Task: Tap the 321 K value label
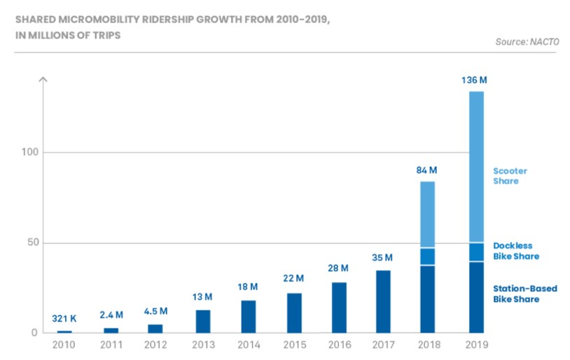point(64,319)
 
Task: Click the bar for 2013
point(203,321)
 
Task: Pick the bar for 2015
point(294,312)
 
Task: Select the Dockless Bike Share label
point(516,251)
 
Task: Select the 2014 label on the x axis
point(249,345)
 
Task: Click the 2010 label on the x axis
point(64,345)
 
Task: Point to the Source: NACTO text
point(527,42)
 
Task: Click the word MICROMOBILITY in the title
point(103,19)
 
